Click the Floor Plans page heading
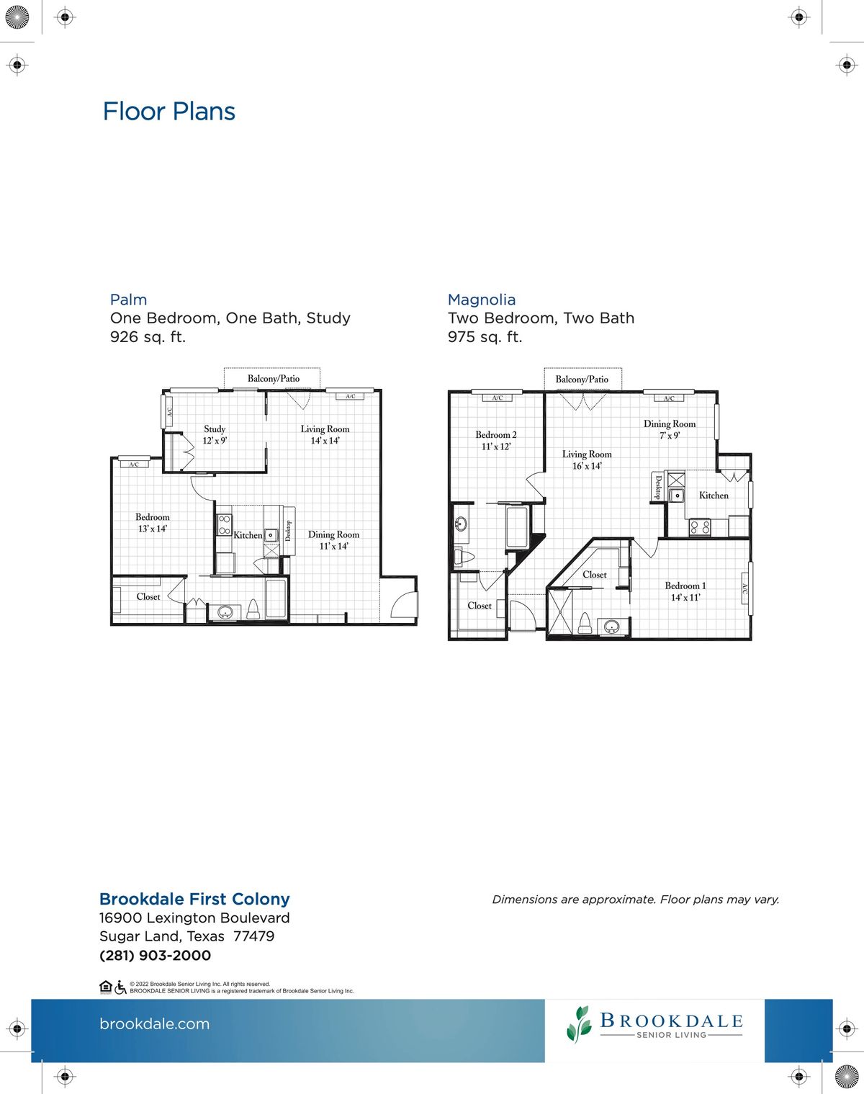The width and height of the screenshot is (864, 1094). pos(168,112)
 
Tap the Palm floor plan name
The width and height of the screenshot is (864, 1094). pos(128,300)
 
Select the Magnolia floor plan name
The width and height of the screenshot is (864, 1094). pos(481,300)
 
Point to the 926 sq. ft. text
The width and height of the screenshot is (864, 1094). pos(148,337)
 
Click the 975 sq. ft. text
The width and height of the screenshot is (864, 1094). pos(485,337)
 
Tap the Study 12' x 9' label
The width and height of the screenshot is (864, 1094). pos(215,434)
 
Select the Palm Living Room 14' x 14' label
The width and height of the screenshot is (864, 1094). pos(325,434)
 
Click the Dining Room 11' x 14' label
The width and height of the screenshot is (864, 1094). pos(333,540)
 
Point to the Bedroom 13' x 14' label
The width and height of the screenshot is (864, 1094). pos(153,523)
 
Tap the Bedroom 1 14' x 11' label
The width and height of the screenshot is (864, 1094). pos(685,591)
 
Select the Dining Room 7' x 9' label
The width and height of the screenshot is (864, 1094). pos(670,429)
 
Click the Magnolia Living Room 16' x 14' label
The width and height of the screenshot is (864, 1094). pos(587,459)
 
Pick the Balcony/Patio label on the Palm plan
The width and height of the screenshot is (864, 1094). pos(274,379)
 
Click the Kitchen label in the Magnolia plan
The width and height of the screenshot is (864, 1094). pos(714,496)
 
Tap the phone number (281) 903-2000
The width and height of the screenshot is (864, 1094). pos(155,956)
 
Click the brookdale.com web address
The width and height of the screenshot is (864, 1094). pos(154,1023)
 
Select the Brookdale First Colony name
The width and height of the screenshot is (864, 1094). pos(194,899)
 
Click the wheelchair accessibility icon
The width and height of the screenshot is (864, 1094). pos(120,987)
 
